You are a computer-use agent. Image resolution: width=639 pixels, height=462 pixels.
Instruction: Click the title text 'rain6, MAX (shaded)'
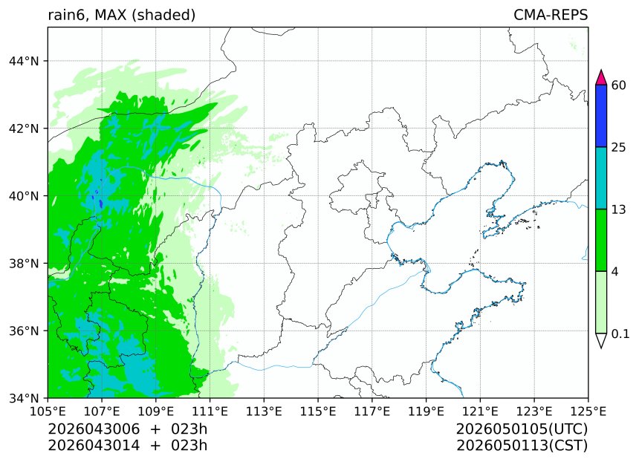pos(121,15)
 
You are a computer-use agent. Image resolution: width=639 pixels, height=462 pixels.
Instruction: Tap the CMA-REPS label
pos(551,15)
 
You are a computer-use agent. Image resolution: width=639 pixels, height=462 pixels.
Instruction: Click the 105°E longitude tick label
pos(48,410)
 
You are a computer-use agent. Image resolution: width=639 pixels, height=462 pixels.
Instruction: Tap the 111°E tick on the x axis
pos(210,410)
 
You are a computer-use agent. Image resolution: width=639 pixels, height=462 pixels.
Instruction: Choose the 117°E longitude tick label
pos(372,410)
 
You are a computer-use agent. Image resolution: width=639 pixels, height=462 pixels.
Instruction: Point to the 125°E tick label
pos(588,410)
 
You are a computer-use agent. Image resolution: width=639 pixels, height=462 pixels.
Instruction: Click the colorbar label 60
pos(618,85)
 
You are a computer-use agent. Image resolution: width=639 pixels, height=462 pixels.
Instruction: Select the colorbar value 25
pos(618,147)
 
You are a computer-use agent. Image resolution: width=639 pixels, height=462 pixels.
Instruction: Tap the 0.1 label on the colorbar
pos(620,334)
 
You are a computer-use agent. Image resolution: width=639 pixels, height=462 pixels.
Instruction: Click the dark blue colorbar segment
pos(602,116)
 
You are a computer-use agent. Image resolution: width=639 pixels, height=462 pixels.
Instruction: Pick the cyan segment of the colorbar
pos(602,178)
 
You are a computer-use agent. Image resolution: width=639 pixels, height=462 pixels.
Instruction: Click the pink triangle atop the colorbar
pos(602,77)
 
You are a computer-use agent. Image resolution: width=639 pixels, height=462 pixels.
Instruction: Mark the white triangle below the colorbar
pos(602,340)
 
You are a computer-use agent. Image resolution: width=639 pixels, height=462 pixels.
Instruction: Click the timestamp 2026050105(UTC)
pos(522,429)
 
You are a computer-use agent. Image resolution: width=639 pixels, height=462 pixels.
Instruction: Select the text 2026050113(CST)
pos(522,446)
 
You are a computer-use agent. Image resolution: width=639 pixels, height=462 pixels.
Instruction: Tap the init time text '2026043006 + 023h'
pos(127,429)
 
